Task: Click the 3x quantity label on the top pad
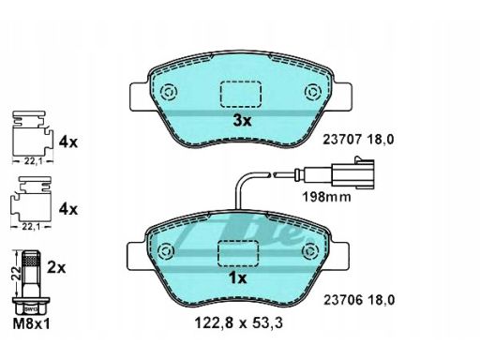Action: point(242,121)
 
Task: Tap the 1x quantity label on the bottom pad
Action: point(238,277)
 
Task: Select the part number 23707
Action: point(342,140)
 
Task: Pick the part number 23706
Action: point(343,300)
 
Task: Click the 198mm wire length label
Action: point(326,197)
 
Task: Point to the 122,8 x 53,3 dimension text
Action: point(239,322)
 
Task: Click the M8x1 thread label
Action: point(31,324)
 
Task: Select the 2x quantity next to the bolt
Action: point(56,268)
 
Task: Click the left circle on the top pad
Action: point(169,92)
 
